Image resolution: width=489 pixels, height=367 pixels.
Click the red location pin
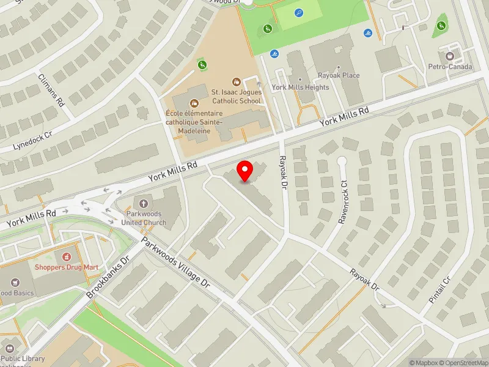coord(245,171)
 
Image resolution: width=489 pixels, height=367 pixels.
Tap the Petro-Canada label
coord(450,67)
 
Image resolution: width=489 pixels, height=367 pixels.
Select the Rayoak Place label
coord(339,75)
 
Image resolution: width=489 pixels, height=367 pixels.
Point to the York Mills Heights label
coord(300,87)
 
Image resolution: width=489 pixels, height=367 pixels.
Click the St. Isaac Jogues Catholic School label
coord(237,97)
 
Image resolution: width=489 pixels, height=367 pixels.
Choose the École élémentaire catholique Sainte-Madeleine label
coord(194,118)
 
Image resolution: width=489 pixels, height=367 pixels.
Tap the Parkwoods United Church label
coord(144,218)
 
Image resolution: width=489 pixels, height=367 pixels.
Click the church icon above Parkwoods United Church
coord(144,203)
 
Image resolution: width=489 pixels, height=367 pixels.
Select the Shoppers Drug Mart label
coord(66,267)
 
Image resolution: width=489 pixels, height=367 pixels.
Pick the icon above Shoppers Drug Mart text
coord(66,256)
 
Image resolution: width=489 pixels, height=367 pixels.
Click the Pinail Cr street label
coord(439,290)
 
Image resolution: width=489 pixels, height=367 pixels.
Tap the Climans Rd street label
coord(51,91)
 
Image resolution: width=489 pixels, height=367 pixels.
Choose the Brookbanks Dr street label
coord(109,276)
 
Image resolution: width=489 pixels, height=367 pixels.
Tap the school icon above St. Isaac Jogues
coord(237,81)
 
